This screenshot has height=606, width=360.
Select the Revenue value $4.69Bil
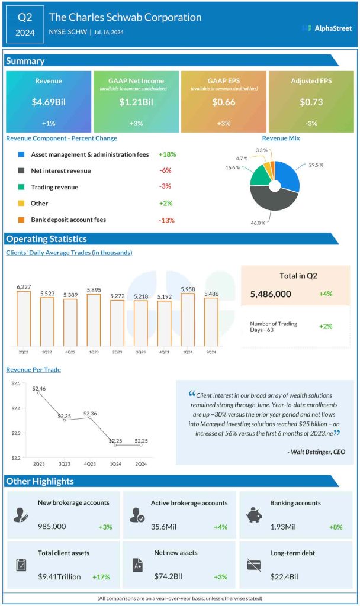(x=49, y=102)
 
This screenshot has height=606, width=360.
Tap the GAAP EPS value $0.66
(x=224, y=102)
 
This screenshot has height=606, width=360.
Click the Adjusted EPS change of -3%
(x=311, y=124)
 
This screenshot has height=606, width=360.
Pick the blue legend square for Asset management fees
(x=21, y=154)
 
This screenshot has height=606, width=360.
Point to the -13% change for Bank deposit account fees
(x=166, y=220)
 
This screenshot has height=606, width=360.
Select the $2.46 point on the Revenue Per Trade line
(x=39, y=392)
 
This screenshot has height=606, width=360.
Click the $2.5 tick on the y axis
(x=16, y=384)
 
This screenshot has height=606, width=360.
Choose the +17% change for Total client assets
(x=101, y=576)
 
